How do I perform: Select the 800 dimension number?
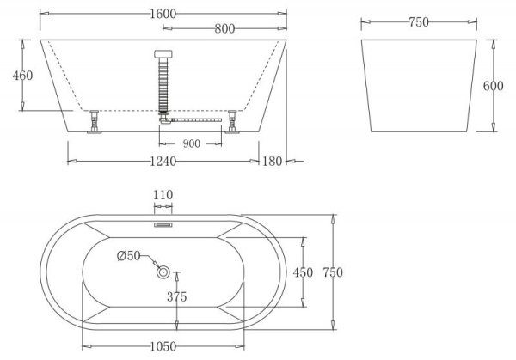pos(225,28)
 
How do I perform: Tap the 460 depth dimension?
pos(22,76)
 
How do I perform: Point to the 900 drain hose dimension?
pos(191,143)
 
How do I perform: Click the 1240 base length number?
pos(163,161)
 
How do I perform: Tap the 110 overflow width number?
pos(163,196)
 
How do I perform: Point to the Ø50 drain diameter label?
pos(129,255)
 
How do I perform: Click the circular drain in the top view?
pos(163,272)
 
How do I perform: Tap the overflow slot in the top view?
pos(163,226)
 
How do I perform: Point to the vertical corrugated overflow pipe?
pos(163,86)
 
